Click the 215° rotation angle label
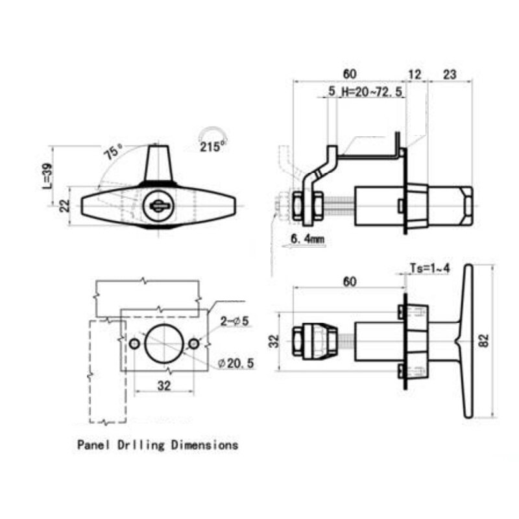[212, 147]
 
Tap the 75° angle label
[113, 153]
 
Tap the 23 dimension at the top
[449, 75]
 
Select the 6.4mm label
[307, 240]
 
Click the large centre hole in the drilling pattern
[164, 343]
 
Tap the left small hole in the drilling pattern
[134, 343]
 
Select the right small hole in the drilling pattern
[194, 343]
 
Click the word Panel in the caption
[93, 445]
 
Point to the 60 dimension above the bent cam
[350, 75]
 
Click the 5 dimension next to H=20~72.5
[332, 93]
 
